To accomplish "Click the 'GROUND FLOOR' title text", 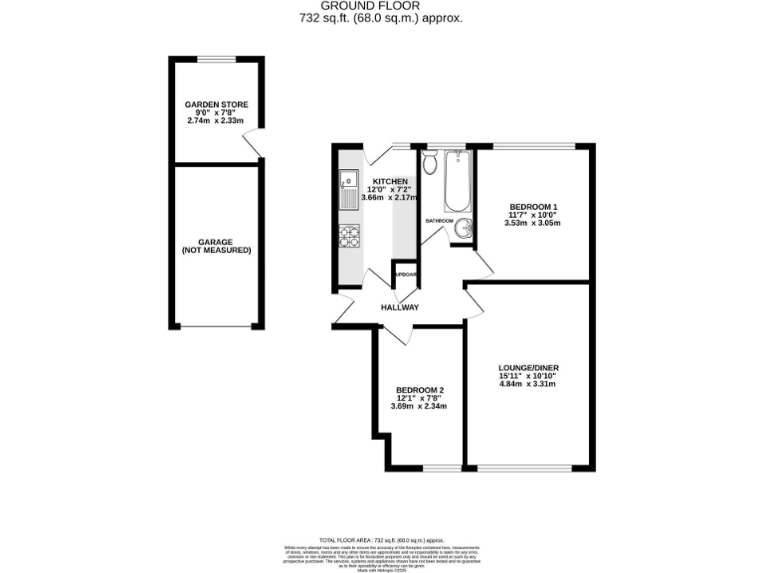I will coord(381,6).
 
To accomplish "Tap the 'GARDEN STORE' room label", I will coord(216,104).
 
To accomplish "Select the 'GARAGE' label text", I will coord(216,242).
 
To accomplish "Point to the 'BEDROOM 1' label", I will coord(532,206).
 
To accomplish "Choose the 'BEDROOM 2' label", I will coord(419,389).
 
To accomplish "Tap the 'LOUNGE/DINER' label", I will coord(528,368).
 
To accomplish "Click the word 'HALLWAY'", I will coord(399,307).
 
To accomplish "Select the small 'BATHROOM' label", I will coord(439,221).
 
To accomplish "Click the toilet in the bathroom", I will coord(430,163).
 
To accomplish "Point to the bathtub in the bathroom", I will coord(457,180).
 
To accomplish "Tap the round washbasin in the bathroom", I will coord(462,230).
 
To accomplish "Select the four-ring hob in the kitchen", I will coord(349,236).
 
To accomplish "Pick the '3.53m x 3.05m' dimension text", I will coord(532,223).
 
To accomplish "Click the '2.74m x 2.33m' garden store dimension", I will coord(216,121).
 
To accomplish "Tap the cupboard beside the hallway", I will coord(404,276).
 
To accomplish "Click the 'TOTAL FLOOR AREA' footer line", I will coord(381,538).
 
